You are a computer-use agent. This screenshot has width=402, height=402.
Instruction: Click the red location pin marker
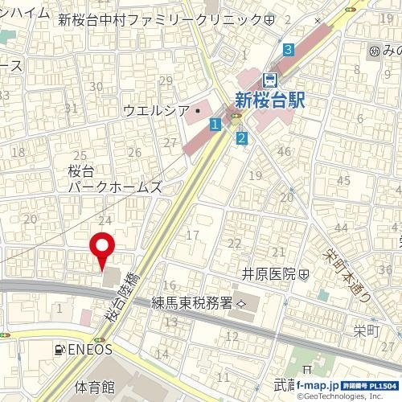(100, 249)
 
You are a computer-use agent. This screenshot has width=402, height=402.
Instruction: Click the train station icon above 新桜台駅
(270, 79)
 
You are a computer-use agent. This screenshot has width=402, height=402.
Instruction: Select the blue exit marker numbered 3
(288, 50)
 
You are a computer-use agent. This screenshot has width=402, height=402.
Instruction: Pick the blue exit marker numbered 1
(215, 124)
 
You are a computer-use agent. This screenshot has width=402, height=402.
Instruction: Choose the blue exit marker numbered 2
(241, 137)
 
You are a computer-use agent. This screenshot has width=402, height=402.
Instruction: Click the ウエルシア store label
(157, 110)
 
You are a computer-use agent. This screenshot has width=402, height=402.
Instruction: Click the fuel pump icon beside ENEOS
(59, 350)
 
